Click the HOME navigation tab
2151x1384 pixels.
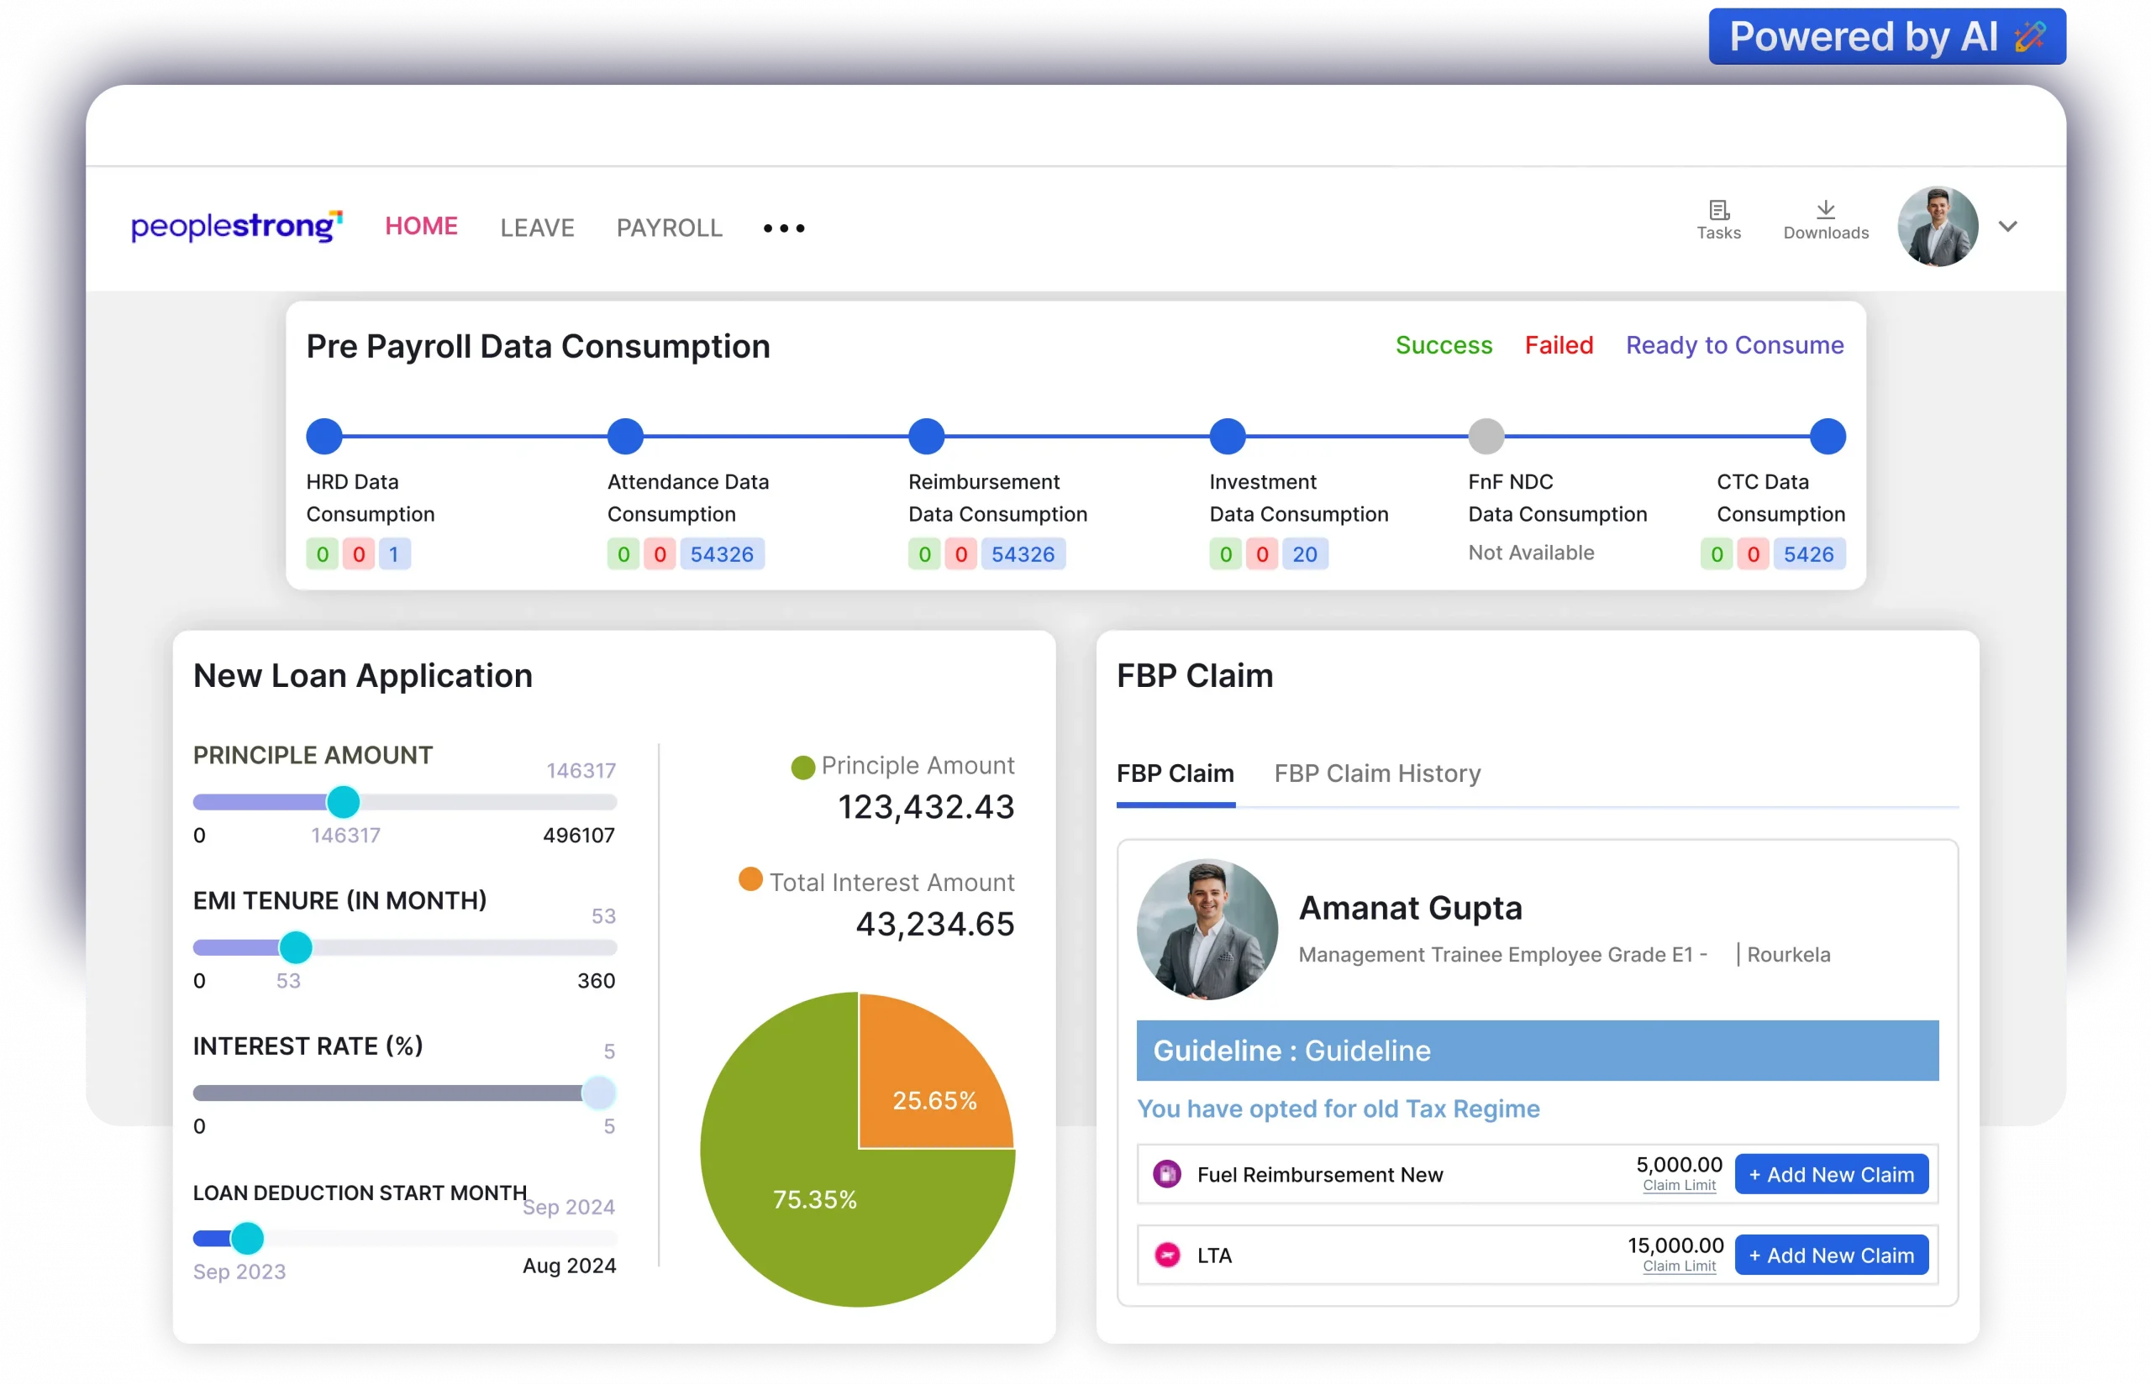pos(421,227)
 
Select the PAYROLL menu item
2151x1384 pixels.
pos(669,228)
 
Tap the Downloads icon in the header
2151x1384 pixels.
pos(1825,219)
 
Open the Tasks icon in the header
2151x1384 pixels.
pos(1717,219)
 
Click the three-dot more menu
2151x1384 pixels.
pos(783,228)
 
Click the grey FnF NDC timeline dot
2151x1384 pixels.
pos(1486,437)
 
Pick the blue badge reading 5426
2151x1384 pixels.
pos(1807,554)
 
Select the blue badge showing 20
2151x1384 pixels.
pos(1303,554)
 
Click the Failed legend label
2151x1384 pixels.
pos(1558,345)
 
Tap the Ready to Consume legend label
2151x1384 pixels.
pos(1734,345)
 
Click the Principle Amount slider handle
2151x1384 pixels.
pos(343,802)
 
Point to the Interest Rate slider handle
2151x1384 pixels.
pos(598,1093)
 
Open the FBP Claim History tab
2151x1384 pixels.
pos(1376,773)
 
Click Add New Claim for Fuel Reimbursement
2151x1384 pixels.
pos(1830,1175)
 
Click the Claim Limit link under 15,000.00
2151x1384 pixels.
pos(1678,1266)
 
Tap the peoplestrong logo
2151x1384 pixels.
pos(236,227)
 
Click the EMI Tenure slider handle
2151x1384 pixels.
pos(296,947)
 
